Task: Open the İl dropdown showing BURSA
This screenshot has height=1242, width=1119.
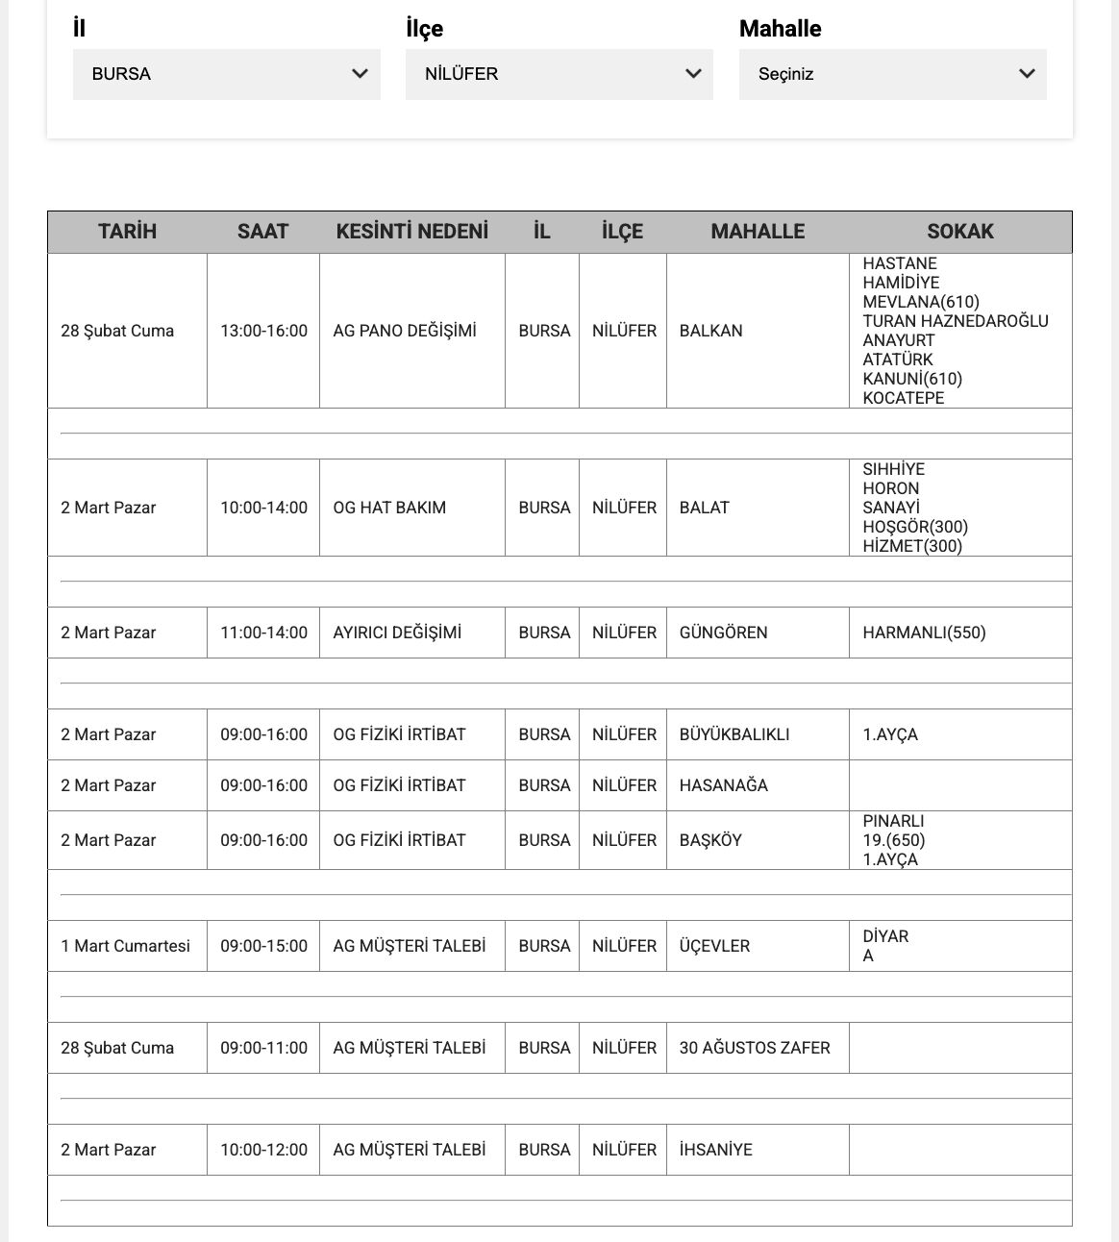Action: pyautogui.click(x=226, y=74)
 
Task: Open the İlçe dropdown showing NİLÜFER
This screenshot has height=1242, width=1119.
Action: pyautogui.click(x=559, y=74)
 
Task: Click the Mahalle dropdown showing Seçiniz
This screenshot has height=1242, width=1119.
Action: pyautogui.click(x=892, y=74)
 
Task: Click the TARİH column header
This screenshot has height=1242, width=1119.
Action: pyautogui.click(x=127, y=232)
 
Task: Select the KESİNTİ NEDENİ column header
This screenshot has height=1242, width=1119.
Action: pyautogui.click(x=411, y=232)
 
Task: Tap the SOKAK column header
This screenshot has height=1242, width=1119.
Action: pyautogui.click(x=959, y=232)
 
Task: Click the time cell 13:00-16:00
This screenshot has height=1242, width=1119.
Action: pyautogui.click(x=263, y=331)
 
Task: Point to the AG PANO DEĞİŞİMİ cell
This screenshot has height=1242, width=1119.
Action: pyautogui.click(x=405, y=331)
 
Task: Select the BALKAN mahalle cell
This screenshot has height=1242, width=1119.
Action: pyautogui.click(x=711, y=331)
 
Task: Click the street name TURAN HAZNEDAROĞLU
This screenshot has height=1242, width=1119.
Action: pyautogui.click(x=956, y=321)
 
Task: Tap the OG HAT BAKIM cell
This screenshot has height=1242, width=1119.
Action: pyautogui.click(x=389, y=508)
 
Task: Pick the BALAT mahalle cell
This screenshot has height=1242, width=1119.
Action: pyautogui.click(x=705, y=508)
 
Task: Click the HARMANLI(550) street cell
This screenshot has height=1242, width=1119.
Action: pyautogui.click(x=924, y=633)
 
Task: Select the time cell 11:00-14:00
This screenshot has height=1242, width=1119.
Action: pyautogui.click(x=263, y=633)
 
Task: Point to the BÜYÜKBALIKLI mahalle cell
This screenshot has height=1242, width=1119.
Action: pyautogui.click(x=734, y=734)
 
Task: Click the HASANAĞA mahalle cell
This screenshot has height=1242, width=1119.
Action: pyautogui.click(x=724, y=785)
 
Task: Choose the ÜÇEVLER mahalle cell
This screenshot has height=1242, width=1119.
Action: pyautogui.click(x=714, y=946)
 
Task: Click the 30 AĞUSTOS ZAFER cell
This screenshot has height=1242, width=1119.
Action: pyautogui.click(x=755, y=1048)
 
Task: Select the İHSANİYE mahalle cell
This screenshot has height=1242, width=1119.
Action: pyautogui.click(x=716, y=1150)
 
